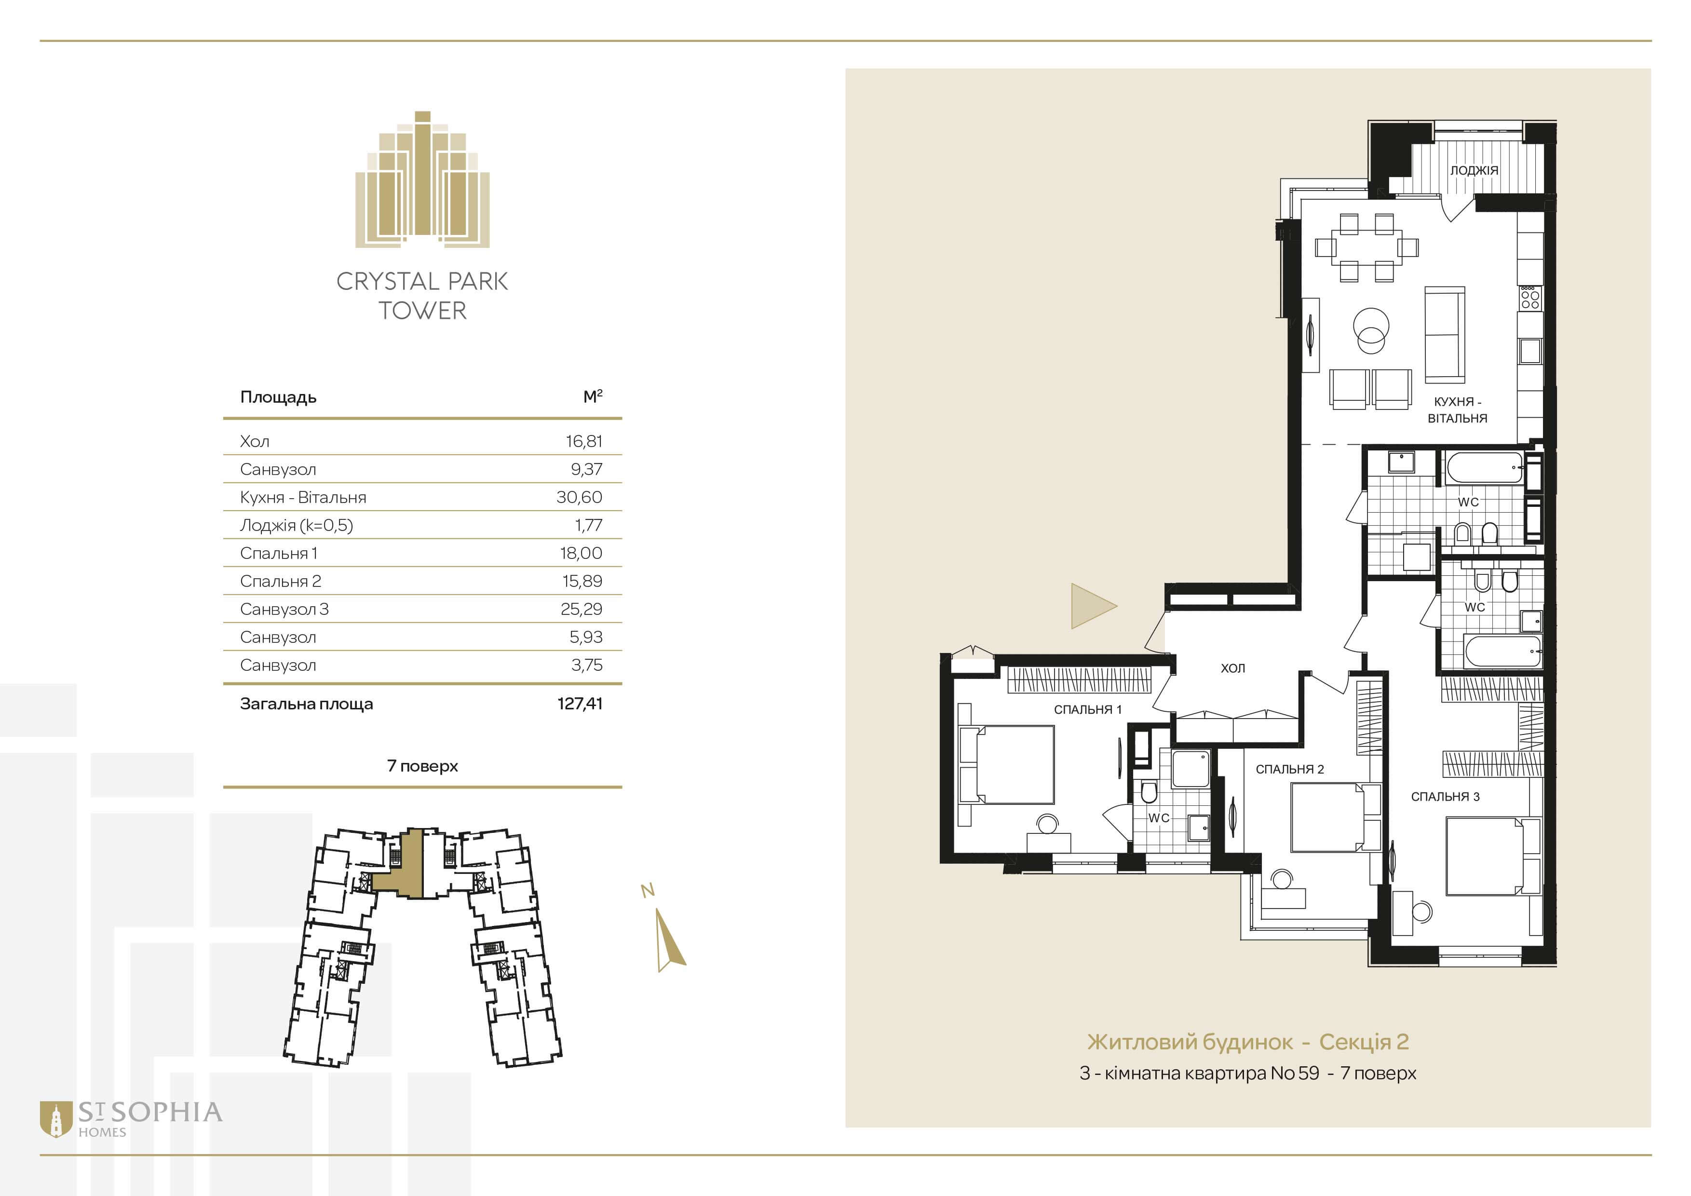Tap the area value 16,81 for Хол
[584, 441]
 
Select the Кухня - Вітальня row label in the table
[303, 497]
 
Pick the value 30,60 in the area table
[580, 497]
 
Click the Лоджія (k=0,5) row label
[296, 525]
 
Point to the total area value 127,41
[581, 703]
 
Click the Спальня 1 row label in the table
[278, 553]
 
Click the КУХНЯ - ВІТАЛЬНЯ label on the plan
[1458, 409]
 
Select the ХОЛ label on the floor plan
[1233, 668]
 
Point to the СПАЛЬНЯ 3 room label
[1445, 796]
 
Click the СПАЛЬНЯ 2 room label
[1290, 769]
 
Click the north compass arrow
[670, 940]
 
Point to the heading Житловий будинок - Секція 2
[1247, 1042]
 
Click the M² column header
[593, 396]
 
